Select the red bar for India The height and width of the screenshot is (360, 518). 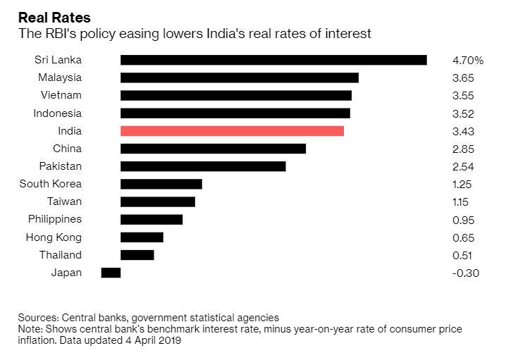(x=232, y=131)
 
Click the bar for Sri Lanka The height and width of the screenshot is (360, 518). (x=273, y=60)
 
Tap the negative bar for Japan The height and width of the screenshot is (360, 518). (x=111, y=273)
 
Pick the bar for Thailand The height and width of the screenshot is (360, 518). (x=137, y=255)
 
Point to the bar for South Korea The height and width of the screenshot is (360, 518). (x=161, y=184)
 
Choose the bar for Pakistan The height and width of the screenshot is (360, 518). (x=203, y=166)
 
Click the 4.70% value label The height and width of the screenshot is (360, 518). (x=468, y=61)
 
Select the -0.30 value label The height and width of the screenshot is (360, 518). (x=465, y=273)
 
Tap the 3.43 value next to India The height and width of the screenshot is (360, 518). (x=464, y=132)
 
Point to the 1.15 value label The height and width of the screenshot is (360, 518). (x=462, y=202)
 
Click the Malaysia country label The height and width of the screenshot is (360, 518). (x=58, y=77)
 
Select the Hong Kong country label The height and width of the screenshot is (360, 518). (x=54, y=237)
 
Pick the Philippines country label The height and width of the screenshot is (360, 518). (x=55, y=219)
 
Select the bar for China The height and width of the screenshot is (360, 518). (x=213, y=149)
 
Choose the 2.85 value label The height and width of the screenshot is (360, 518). (x=464, y=149)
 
